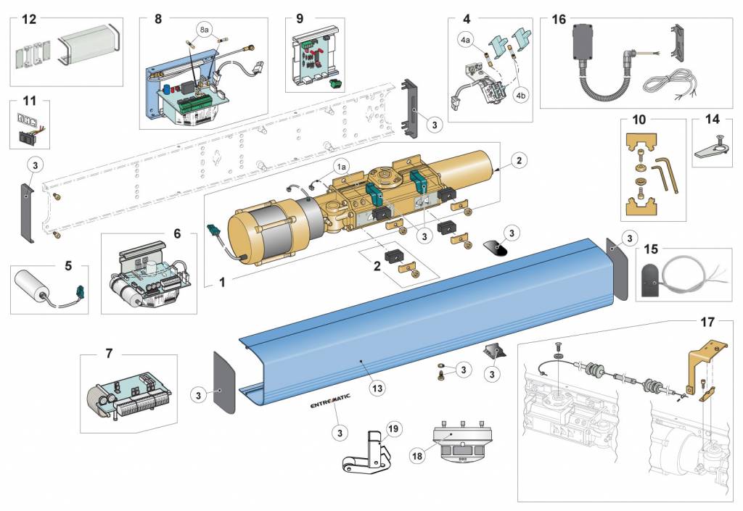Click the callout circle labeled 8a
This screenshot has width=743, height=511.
point(204,29)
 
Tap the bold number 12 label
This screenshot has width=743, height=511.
point(28,19)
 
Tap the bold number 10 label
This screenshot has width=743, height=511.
point(639,120)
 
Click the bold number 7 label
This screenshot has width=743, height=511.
point(109,354)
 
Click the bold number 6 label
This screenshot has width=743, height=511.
point(176,235)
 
